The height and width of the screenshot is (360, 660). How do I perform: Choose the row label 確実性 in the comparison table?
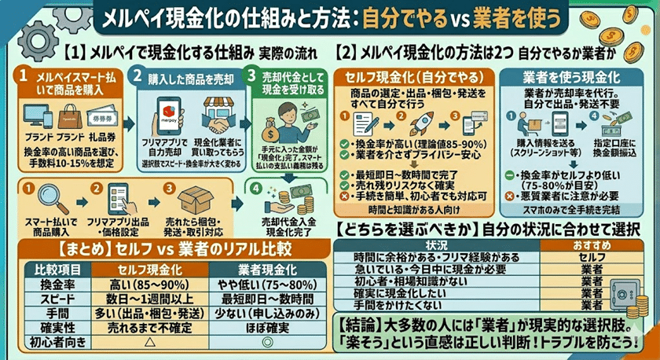pyautogui.click(x=47, y=328)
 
